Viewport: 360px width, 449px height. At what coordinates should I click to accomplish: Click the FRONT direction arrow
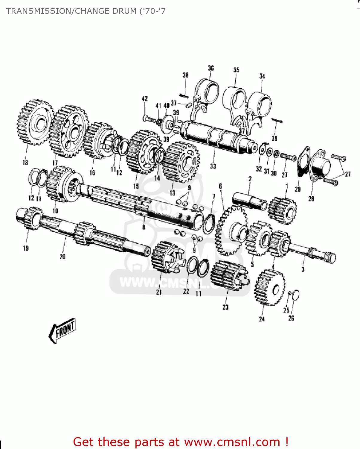click(x=62, y=330)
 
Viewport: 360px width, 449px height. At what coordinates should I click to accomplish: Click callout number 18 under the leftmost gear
click(x=25, y=163)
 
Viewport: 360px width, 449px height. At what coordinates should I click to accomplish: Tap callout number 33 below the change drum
click(x=213, y=166)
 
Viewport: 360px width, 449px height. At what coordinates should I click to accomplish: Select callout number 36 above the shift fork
click(x=211, y=68)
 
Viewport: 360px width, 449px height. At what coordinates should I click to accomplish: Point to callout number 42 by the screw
click(x=144, y=99)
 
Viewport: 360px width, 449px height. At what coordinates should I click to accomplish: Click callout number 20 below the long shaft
click(x=62, y=257)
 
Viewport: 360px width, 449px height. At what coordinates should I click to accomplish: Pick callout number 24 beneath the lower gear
click(x=262, y=319)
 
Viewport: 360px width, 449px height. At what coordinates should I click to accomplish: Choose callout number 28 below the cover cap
click(x=311, y=199)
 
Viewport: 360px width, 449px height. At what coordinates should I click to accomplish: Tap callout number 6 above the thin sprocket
click(x=220, y=186)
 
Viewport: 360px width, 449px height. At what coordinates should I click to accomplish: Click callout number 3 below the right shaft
click(x=303, y=269)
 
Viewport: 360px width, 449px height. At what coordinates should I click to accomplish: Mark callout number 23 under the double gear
click(x=225, y=307)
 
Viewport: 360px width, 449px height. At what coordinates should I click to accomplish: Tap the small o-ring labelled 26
click(x=296, y=295)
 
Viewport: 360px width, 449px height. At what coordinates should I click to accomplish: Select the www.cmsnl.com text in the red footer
click(x=232, y=442)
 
